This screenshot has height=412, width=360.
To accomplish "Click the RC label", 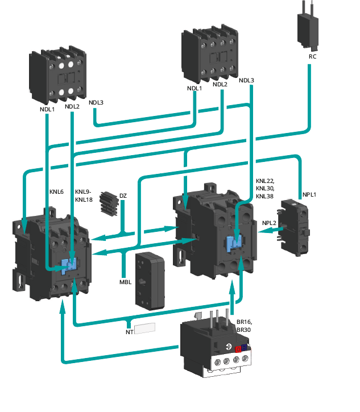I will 312,57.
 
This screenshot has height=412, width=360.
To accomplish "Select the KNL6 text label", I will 57,192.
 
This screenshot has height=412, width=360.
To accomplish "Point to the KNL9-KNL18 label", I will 84,195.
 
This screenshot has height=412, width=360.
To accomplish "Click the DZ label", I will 123,197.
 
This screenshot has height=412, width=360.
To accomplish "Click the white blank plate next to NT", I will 145,328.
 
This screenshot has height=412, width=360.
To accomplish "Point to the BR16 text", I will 243,322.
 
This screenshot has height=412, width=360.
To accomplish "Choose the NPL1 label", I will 309,195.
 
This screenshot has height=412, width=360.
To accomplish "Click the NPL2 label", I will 269,222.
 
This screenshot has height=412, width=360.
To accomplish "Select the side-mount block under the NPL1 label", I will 296,227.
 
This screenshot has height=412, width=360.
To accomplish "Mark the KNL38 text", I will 265,196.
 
